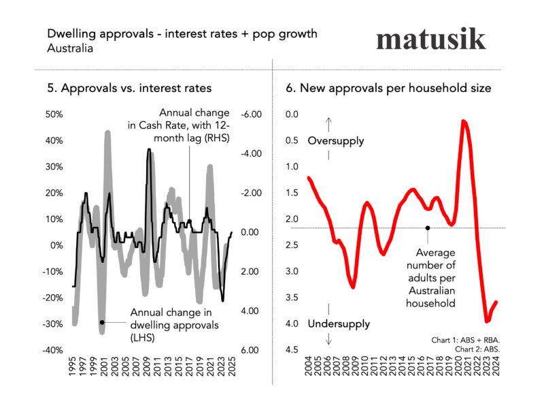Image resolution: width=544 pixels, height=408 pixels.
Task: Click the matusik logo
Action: point(430,39)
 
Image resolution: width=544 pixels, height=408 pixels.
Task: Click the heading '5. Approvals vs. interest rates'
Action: point(129,88)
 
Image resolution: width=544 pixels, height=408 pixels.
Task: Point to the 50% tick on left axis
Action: point(53,114)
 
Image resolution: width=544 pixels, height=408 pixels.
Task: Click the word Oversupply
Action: point(335,141)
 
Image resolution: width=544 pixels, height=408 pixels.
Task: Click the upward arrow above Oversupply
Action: point(329,124)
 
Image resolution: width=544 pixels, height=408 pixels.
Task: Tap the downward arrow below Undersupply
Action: point(329,340)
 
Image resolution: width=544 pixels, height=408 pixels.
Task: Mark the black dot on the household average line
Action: point(428,228)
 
